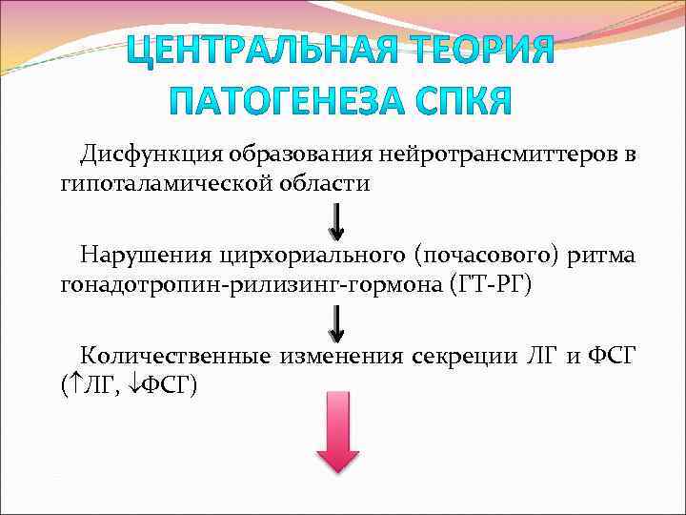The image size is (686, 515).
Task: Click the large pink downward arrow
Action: (x=337, y=431)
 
